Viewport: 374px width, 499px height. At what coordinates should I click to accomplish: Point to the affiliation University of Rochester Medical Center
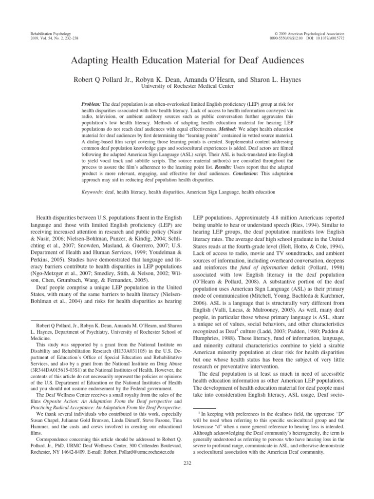pyautogui.click(x=187, y=86)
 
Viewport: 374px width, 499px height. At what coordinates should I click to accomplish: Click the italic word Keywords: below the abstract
pyautogui.click(x=93, y=192)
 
